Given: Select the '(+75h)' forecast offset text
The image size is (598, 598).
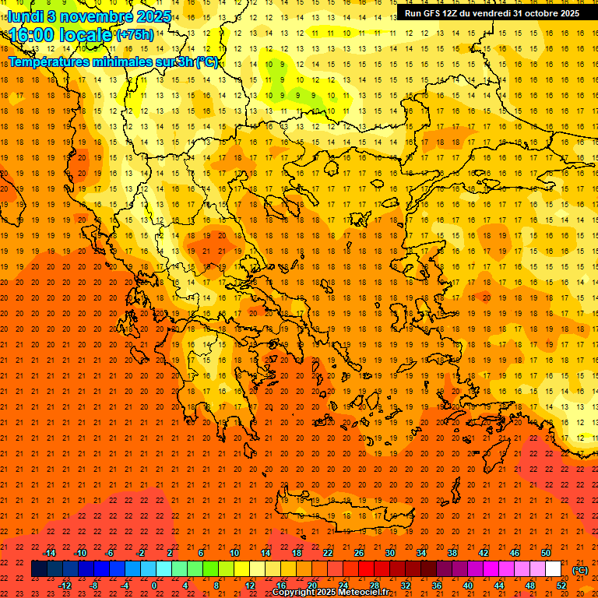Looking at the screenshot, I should coord(135,35).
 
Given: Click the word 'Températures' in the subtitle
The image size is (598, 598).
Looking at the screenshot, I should coord(51,62).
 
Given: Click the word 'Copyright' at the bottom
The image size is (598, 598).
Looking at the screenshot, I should coord(294,593).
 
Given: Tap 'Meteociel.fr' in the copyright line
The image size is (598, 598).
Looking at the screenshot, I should coord(364,593).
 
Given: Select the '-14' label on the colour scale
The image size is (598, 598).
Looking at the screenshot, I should coord(49,553).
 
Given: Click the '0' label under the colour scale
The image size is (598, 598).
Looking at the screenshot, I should coord(154,586).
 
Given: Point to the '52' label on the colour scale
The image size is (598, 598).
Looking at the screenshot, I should coord(561,586).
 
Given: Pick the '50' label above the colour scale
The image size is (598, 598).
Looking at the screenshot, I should coord(546,553).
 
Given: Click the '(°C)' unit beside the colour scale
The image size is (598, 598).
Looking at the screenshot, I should coord(580,570).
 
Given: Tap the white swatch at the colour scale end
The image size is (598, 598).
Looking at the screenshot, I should coord(554,569).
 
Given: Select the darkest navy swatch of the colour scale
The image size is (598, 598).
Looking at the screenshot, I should coord(39,569).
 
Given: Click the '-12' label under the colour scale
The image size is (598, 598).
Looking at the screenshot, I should coord(65,586).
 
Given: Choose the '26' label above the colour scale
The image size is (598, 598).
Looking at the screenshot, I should coord(359,553).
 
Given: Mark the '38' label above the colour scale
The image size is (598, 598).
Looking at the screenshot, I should coord(452,553).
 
